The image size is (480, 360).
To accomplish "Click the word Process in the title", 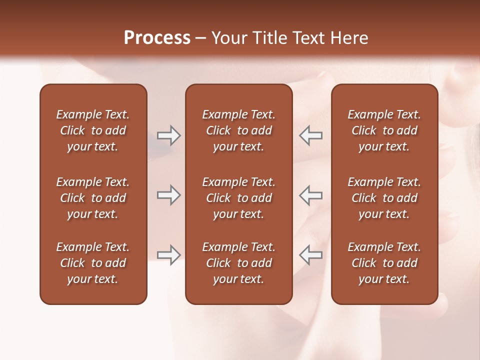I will tap(157, 38).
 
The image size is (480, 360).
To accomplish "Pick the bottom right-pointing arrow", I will tap(168, 254).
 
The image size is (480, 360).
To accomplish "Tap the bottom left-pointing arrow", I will tap(311, 254).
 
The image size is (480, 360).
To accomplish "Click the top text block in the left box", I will tap(93, 130).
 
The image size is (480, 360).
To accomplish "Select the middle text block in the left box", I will tap(93, 198).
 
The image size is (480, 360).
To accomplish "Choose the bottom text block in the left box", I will tap(93, 263).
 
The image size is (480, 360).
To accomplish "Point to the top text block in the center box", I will tap(238, 130).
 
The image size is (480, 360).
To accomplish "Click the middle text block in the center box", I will tap(238, 198).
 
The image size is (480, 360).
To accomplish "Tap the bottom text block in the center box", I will tap(238, 263).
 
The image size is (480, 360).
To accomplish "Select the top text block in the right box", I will tap(384, 130).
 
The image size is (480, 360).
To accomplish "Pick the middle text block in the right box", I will tap(384, 198).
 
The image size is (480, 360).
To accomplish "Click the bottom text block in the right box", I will tap(384, 263).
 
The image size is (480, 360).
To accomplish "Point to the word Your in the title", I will tap(229, 38).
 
